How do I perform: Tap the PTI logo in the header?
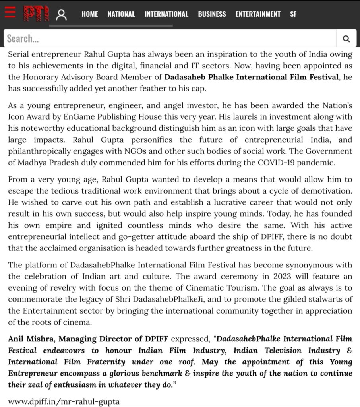37,14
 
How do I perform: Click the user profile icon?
61,15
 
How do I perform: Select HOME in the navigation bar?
90,14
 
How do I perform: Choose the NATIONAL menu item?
121,14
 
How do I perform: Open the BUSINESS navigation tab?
212,14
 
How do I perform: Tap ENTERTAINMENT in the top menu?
258,14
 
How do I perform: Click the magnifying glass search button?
346,39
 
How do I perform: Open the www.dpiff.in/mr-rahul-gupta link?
64,401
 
